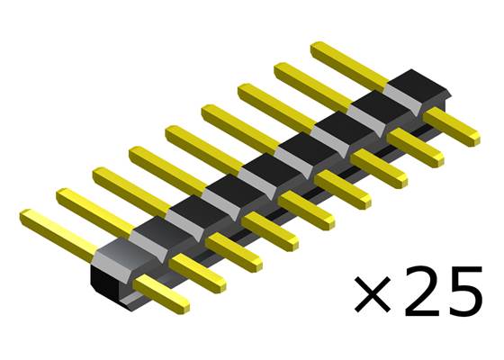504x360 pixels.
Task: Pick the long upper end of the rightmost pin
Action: [x=346, y=59]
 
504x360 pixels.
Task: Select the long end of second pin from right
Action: [x=310, y=81]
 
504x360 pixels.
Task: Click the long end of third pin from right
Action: [x=274, y=102]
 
